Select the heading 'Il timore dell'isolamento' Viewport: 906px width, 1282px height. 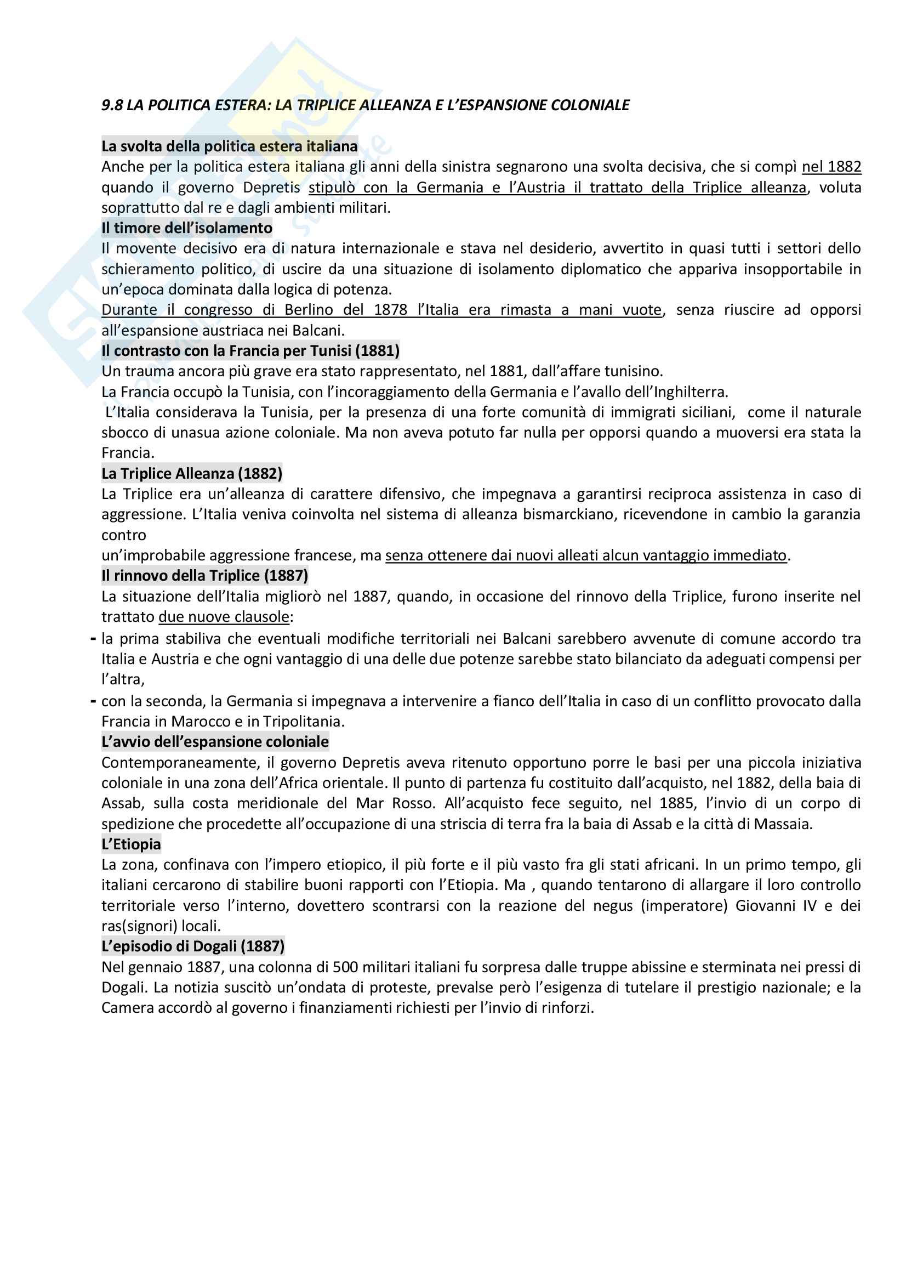click(186, 228)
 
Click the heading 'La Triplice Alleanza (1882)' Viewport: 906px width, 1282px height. click(191, 474)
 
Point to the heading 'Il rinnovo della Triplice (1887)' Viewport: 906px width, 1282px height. click(204, 576)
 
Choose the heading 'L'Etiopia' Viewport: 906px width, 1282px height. click(130, 844)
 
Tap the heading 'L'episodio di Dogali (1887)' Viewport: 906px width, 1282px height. click(192, 946)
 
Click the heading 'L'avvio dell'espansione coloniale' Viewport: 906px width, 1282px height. click(215, 741)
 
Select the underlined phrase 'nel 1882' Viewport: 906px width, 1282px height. click(831, 167)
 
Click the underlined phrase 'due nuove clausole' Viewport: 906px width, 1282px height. click(224, 617)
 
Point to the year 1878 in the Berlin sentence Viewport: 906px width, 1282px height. click(390, 310)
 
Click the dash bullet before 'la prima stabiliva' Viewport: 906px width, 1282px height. click(93, 638)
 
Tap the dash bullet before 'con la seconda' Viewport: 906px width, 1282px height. click(93, 701)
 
